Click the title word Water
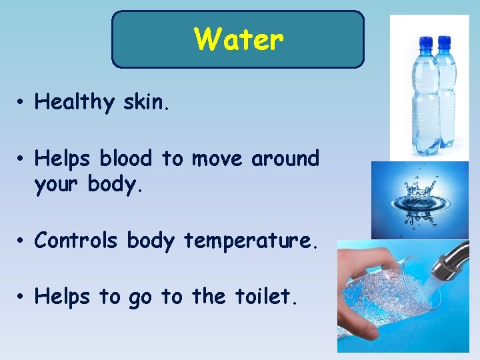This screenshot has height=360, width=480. pyautogui.click(x=239, y=39)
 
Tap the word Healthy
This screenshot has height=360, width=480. pyautogui.click(x=75, y=102)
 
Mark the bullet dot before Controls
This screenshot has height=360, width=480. pyautogui.click(x=22, y=241)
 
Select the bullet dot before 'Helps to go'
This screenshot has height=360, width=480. pyautogui.click(x=22, y=297)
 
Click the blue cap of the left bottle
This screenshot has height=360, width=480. pyautogui.click(x=425, y=44)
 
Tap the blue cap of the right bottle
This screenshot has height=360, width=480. pyautogui.click(x=444, y=44)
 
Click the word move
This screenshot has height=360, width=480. pyautogui.click(x=218, y=159)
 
